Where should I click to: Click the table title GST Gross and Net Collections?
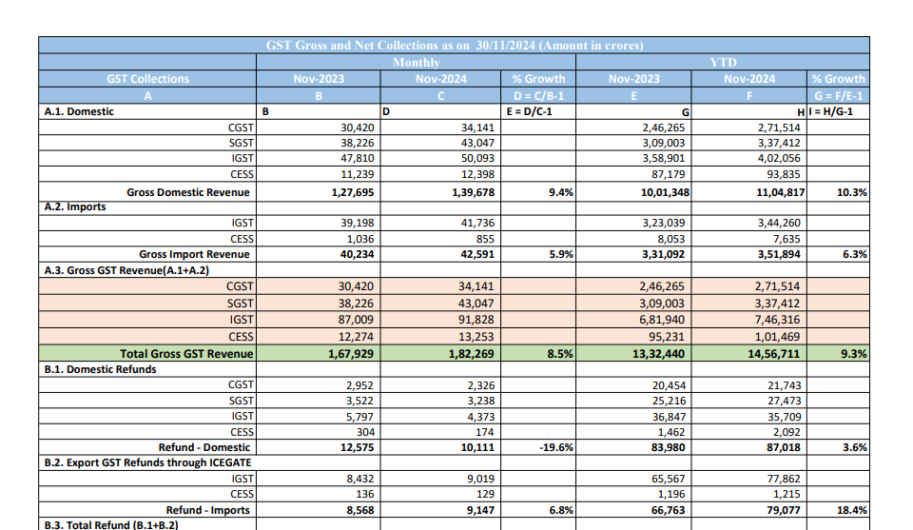[454, 45]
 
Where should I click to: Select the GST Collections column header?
[147, 79]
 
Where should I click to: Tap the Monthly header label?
[416, 62]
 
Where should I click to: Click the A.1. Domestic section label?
[79, 111]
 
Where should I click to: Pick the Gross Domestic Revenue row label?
[188, 192]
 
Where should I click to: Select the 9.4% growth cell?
[561, 192]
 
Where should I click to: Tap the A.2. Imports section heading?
[75, 206]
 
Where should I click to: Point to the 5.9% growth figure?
[561, 254]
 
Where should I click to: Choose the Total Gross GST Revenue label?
[186, 354]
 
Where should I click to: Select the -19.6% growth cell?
[555, 447]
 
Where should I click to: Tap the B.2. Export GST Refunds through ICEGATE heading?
[151, 462]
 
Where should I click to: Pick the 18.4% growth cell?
[851, 510]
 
